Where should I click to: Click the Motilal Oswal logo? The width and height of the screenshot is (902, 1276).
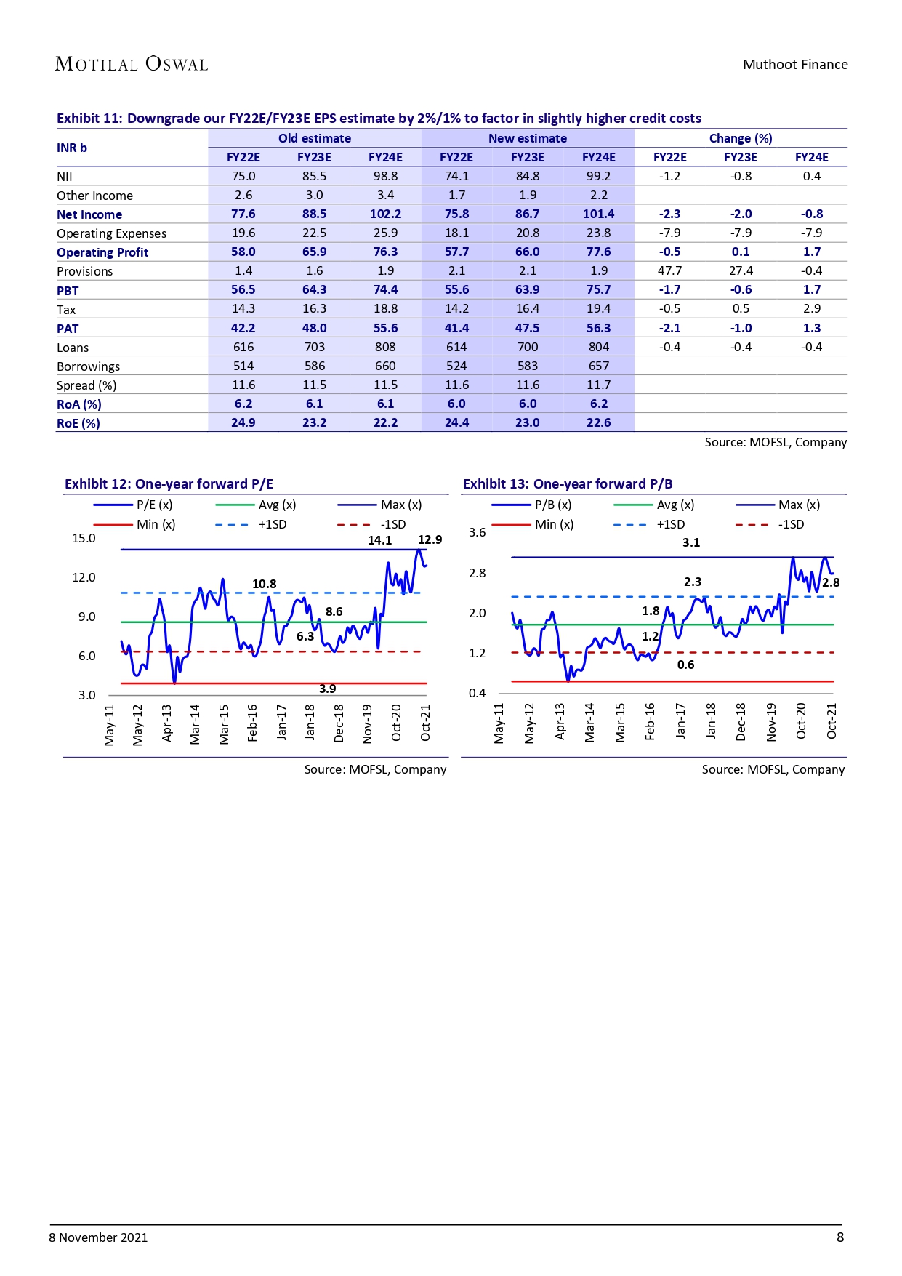coord(132,64)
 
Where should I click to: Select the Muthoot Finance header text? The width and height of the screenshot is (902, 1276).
coord(794,65)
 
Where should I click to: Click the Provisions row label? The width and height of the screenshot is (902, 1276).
coord(85,271)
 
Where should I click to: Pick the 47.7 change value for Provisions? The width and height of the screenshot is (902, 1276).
coord(669,270)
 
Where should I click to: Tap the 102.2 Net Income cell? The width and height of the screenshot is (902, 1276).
coord(385,214)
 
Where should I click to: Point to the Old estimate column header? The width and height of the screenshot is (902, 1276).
coord(314,138)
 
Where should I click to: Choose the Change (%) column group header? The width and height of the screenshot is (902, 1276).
coord(740,138)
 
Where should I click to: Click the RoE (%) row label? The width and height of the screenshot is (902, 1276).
coord(78,423)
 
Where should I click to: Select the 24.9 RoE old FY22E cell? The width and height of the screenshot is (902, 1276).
coord(243,422)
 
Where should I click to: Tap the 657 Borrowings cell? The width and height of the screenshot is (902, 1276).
coord(598,366)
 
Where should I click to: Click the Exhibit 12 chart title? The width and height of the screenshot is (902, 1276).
coord(169,484)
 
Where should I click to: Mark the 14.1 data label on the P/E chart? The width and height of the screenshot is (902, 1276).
coord(379,540)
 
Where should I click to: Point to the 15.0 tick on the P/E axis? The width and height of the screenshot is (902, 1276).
coord(84,538)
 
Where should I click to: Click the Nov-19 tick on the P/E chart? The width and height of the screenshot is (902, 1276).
coord(368,723)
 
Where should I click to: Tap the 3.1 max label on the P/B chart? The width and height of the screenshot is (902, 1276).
coord(690,542)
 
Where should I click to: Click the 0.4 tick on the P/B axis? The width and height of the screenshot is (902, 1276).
coord(477,693)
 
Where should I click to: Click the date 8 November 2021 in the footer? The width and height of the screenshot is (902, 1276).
coord(98,1237)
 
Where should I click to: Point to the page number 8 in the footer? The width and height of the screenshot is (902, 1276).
coord(839,1237)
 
